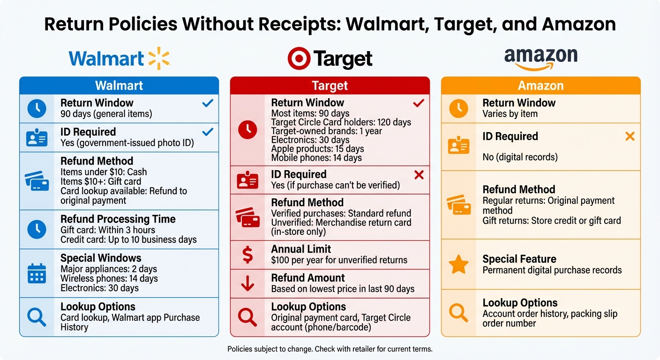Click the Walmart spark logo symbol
click(158, 59)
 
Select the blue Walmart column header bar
click(119, 85)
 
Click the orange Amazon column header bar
click(540, 85)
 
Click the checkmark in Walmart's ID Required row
click(207, 132)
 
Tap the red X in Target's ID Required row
click(419, 175)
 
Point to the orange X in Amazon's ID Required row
click(630, 136)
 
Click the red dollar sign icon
click(247, 255)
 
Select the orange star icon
click(458, 264)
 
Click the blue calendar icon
click(37, 273)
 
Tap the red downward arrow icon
click(247, 284)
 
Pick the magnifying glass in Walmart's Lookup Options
click(37, 317)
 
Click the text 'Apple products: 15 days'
click(317, 149)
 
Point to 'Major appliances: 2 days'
click(108, 269)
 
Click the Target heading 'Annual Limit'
click(301, 249)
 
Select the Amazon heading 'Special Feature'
click(519, 259)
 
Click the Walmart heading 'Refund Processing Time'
click(118, 219)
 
